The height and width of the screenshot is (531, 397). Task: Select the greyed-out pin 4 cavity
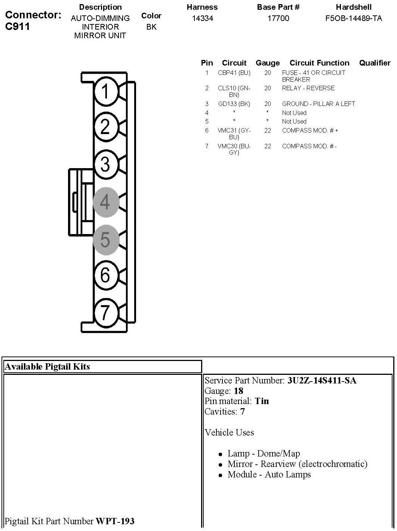105,202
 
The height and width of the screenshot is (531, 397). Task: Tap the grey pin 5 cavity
105,239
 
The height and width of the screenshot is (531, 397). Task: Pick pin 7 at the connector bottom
105,312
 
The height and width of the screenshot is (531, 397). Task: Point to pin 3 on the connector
105,164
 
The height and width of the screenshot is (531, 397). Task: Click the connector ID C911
17,26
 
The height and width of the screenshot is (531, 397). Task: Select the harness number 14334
202,18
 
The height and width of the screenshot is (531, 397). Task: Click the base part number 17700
278,18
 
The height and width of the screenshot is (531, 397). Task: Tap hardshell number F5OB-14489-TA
354,18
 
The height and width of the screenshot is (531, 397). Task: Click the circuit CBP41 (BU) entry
234,73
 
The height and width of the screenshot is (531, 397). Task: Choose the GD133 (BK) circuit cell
234,104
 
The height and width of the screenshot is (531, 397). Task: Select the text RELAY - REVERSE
308,88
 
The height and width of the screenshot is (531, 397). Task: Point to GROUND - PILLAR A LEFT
318,104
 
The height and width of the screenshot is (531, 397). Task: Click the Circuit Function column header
319,63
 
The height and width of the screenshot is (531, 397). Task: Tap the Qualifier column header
375,63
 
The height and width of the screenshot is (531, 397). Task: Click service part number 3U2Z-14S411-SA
321,381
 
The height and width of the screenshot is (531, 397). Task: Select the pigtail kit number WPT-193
115,521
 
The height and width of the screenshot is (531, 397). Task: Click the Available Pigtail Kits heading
47,367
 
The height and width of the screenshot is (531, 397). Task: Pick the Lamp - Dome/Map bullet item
264,454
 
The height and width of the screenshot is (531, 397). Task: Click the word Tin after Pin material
262,401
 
